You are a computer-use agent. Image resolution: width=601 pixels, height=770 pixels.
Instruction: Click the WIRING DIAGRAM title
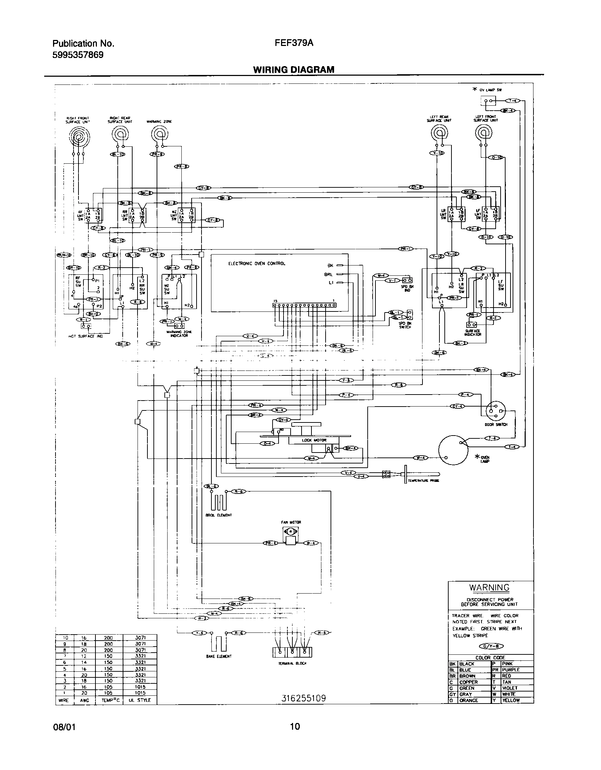click(x=293, y=70)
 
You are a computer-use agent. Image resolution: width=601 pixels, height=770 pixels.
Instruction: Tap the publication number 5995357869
click(x=78, y=55)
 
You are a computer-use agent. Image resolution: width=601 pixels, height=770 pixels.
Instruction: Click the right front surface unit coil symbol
click(x=79, y=136)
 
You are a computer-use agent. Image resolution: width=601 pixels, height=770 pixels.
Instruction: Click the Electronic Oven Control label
click(x=257, y=263)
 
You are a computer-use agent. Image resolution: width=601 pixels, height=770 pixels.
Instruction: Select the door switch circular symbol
click(x=496, y=411)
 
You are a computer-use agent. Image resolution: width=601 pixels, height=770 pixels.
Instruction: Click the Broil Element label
click(x=218, y=515)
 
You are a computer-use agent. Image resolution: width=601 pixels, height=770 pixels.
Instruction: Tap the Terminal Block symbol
click(x=292, y=652)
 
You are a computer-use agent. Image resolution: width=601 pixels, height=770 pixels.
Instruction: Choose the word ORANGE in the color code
click(x=468, y=700)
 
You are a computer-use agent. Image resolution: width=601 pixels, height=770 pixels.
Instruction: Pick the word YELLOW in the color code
click(x=510, y=700)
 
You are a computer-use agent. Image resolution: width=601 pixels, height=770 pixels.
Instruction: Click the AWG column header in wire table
click(x=84, y=700)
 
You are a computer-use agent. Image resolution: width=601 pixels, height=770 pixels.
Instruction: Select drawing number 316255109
click(x=303, y=698)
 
